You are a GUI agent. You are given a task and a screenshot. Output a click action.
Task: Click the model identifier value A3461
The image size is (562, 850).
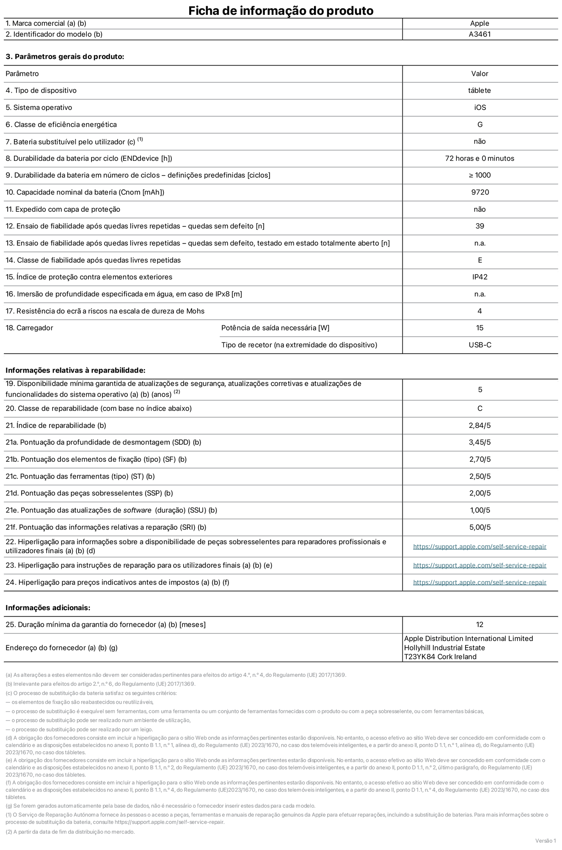pos(479,34)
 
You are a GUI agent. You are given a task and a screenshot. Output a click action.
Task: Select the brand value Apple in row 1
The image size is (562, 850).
pos(479,23)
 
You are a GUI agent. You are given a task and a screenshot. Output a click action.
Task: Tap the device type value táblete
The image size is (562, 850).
pos(479,90)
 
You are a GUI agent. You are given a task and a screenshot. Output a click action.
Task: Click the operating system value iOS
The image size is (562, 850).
pos(480,107)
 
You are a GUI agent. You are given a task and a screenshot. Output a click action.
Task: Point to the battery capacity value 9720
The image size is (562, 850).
pos(480,192)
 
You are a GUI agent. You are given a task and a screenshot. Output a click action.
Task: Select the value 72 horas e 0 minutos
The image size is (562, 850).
pos(479,158)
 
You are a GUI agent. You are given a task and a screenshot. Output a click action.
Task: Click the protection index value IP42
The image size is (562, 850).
pos(480,277)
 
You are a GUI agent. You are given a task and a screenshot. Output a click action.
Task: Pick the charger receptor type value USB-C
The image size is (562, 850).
pos(480,345)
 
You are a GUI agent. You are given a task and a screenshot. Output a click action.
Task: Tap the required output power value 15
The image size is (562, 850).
pos(479,328)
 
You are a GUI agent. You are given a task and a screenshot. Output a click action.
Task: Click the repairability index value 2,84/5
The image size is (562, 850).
pos(479,425)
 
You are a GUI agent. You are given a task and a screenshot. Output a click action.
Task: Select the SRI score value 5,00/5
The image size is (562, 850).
pos(480,527)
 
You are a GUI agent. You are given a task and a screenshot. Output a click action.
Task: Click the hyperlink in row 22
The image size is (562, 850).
pos(479,546)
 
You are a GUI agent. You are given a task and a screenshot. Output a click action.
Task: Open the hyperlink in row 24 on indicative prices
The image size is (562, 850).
pos(479,582)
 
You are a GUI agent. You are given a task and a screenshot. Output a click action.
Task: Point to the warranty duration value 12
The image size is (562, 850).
pos(479,625)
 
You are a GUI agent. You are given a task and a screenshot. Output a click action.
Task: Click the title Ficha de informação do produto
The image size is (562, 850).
pos(281,10)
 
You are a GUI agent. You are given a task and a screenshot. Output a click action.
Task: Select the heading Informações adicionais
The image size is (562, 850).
pos(48,608)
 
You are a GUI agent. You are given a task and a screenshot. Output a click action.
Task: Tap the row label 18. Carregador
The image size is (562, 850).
pos(29,328)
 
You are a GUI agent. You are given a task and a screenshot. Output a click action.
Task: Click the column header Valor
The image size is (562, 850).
pos(479,74)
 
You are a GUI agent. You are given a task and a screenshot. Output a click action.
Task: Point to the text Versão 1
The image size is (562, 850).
pos(545,840)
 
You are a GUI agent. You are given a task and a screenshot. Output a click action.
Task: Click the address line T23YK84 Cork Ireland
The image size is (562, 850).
pos(440,657)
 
